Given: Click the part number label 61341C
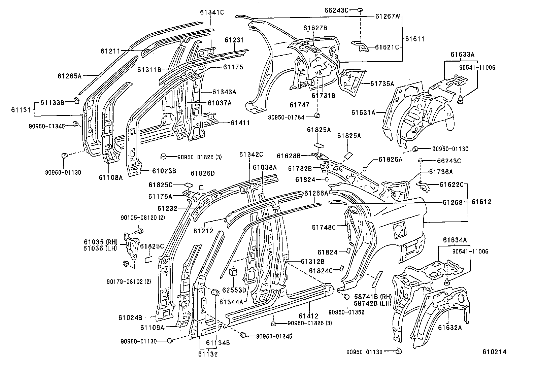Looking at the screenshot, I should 211,13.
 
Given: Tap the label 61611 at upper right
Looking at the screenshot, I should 414,39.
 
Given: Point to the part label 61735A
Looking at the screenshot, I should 382,83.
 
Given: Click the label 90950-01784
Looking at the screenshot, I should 286,117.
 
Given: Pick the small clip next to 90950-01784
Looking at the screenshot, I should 317,116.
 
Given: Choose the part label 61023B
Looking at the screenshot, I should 164,171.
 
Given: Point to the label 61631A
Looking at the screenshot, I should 363,113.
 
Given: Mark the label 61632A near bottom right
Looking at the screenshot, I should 450,327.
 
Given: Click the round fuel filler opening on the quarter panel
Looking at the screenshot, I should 399,230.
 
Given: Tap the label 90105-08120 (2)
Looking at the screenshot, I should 143,218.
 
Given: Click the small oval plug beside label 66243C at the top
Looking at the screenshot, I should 360,10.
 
